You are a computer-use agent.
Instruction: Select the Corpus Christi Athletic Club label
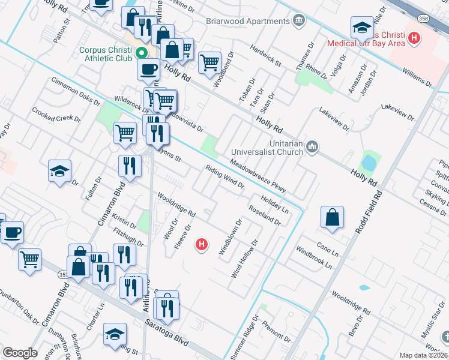pos(106,52)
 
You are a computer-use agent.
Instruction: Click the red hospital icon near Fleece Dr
pos(203,244)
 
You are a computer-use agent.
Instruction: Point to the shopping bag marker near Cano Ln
pos(332,218)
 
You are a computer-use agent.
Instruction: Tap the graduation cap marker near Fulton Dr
pos(60,172)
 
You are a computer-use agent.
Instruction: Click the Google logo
pos(20,353)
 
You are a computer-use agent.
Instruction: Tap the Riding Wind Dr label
pos(224,177)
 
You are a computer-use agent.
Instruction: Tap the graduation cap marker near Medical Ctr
pos(363,28)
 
